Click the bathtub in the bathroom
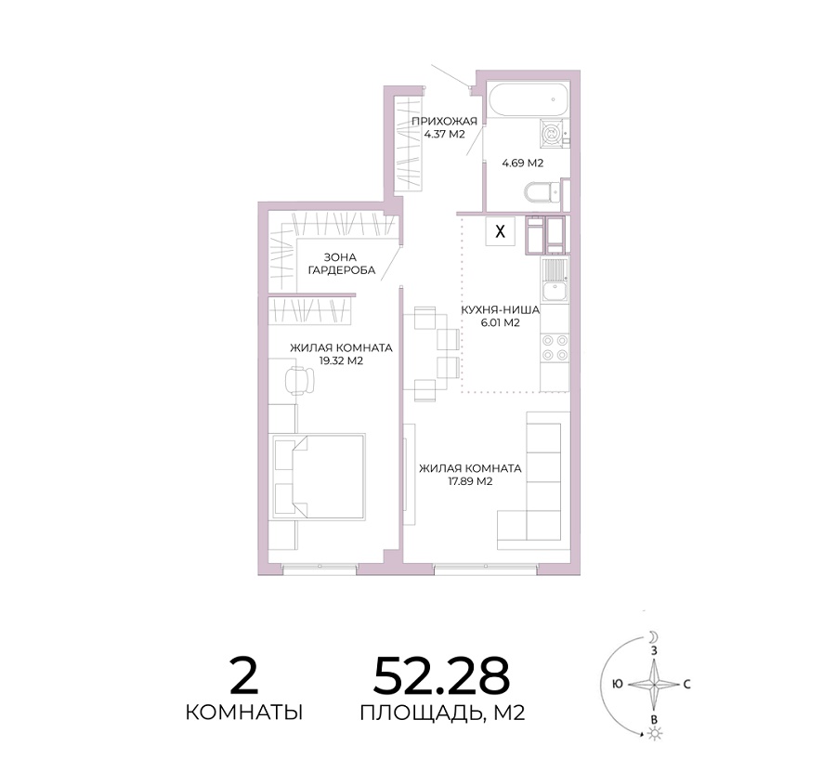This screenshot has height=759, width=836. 528,99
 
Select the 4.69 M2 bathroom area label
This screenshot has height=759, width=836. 522,163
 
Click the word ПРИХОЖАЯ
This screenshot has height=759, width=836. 444,122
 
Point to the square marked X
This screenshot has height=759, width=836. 500,231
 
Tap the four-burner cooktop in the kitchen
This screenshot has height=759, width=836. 555,347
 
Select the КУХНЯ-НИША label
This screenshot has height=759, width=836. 500,310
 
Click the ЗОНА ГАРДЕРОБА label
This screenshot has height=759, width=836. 342,264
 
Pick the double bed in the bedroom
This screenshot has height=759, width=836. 319,477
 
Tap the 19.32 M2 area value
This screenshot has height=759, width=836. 341,360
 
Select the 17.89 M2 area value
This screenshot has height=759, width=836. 470,481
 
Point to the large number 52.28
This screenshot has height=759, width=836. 441,675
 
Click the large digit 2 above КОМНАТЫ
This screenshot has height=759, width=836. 243,675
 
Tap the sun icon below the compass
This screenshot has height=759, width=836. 654,734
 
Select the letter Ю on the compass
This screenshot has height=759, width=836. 618,684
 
